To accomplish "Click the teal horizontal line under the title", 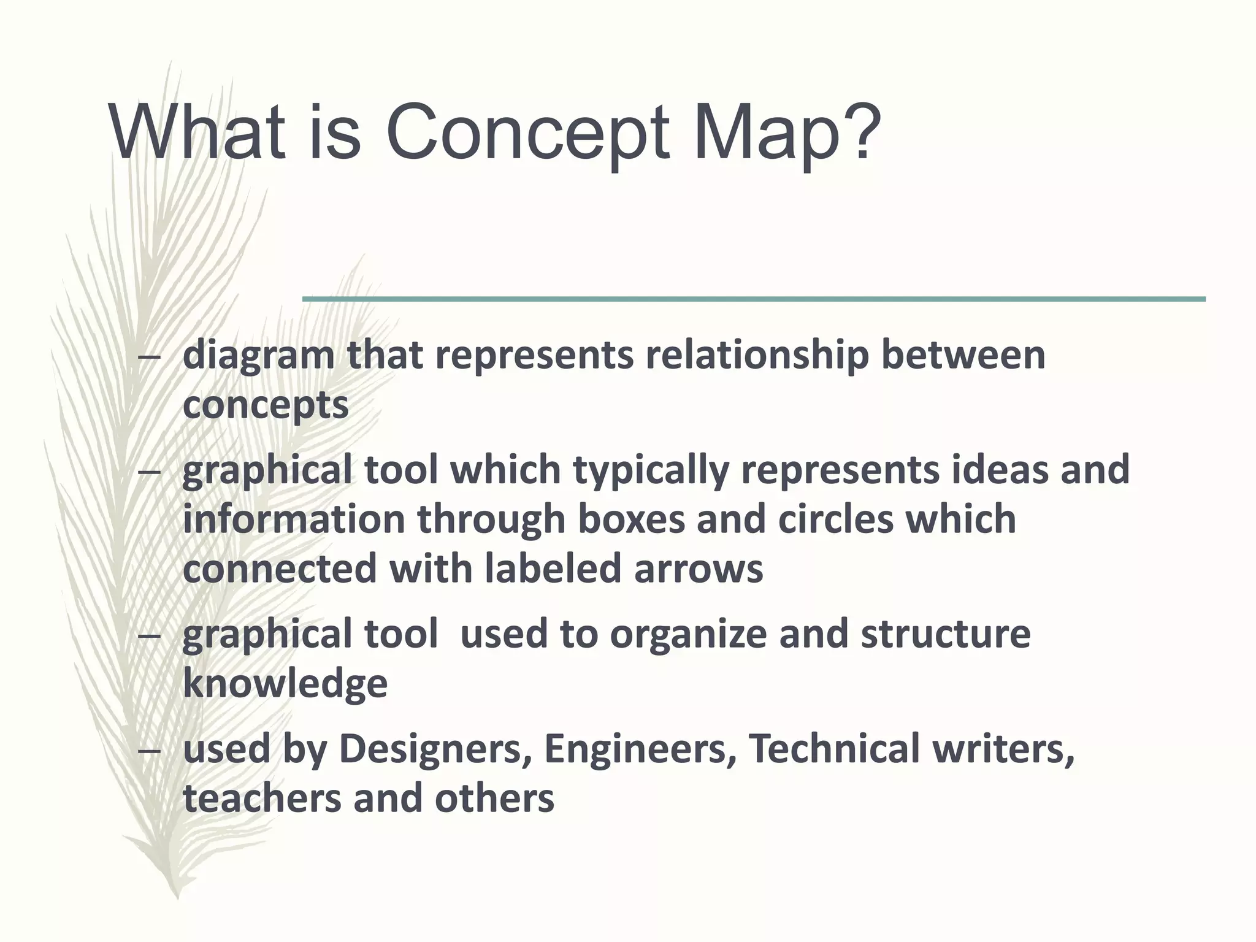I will [754, 299].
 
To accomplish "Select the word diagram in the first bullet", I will [258, 356].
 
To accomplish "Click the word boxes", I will [631, 519].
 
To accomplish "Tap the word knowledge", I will [285, 684].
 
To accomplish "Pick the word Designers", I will [435, 749].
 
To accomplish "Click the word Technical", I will [835, 748].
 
